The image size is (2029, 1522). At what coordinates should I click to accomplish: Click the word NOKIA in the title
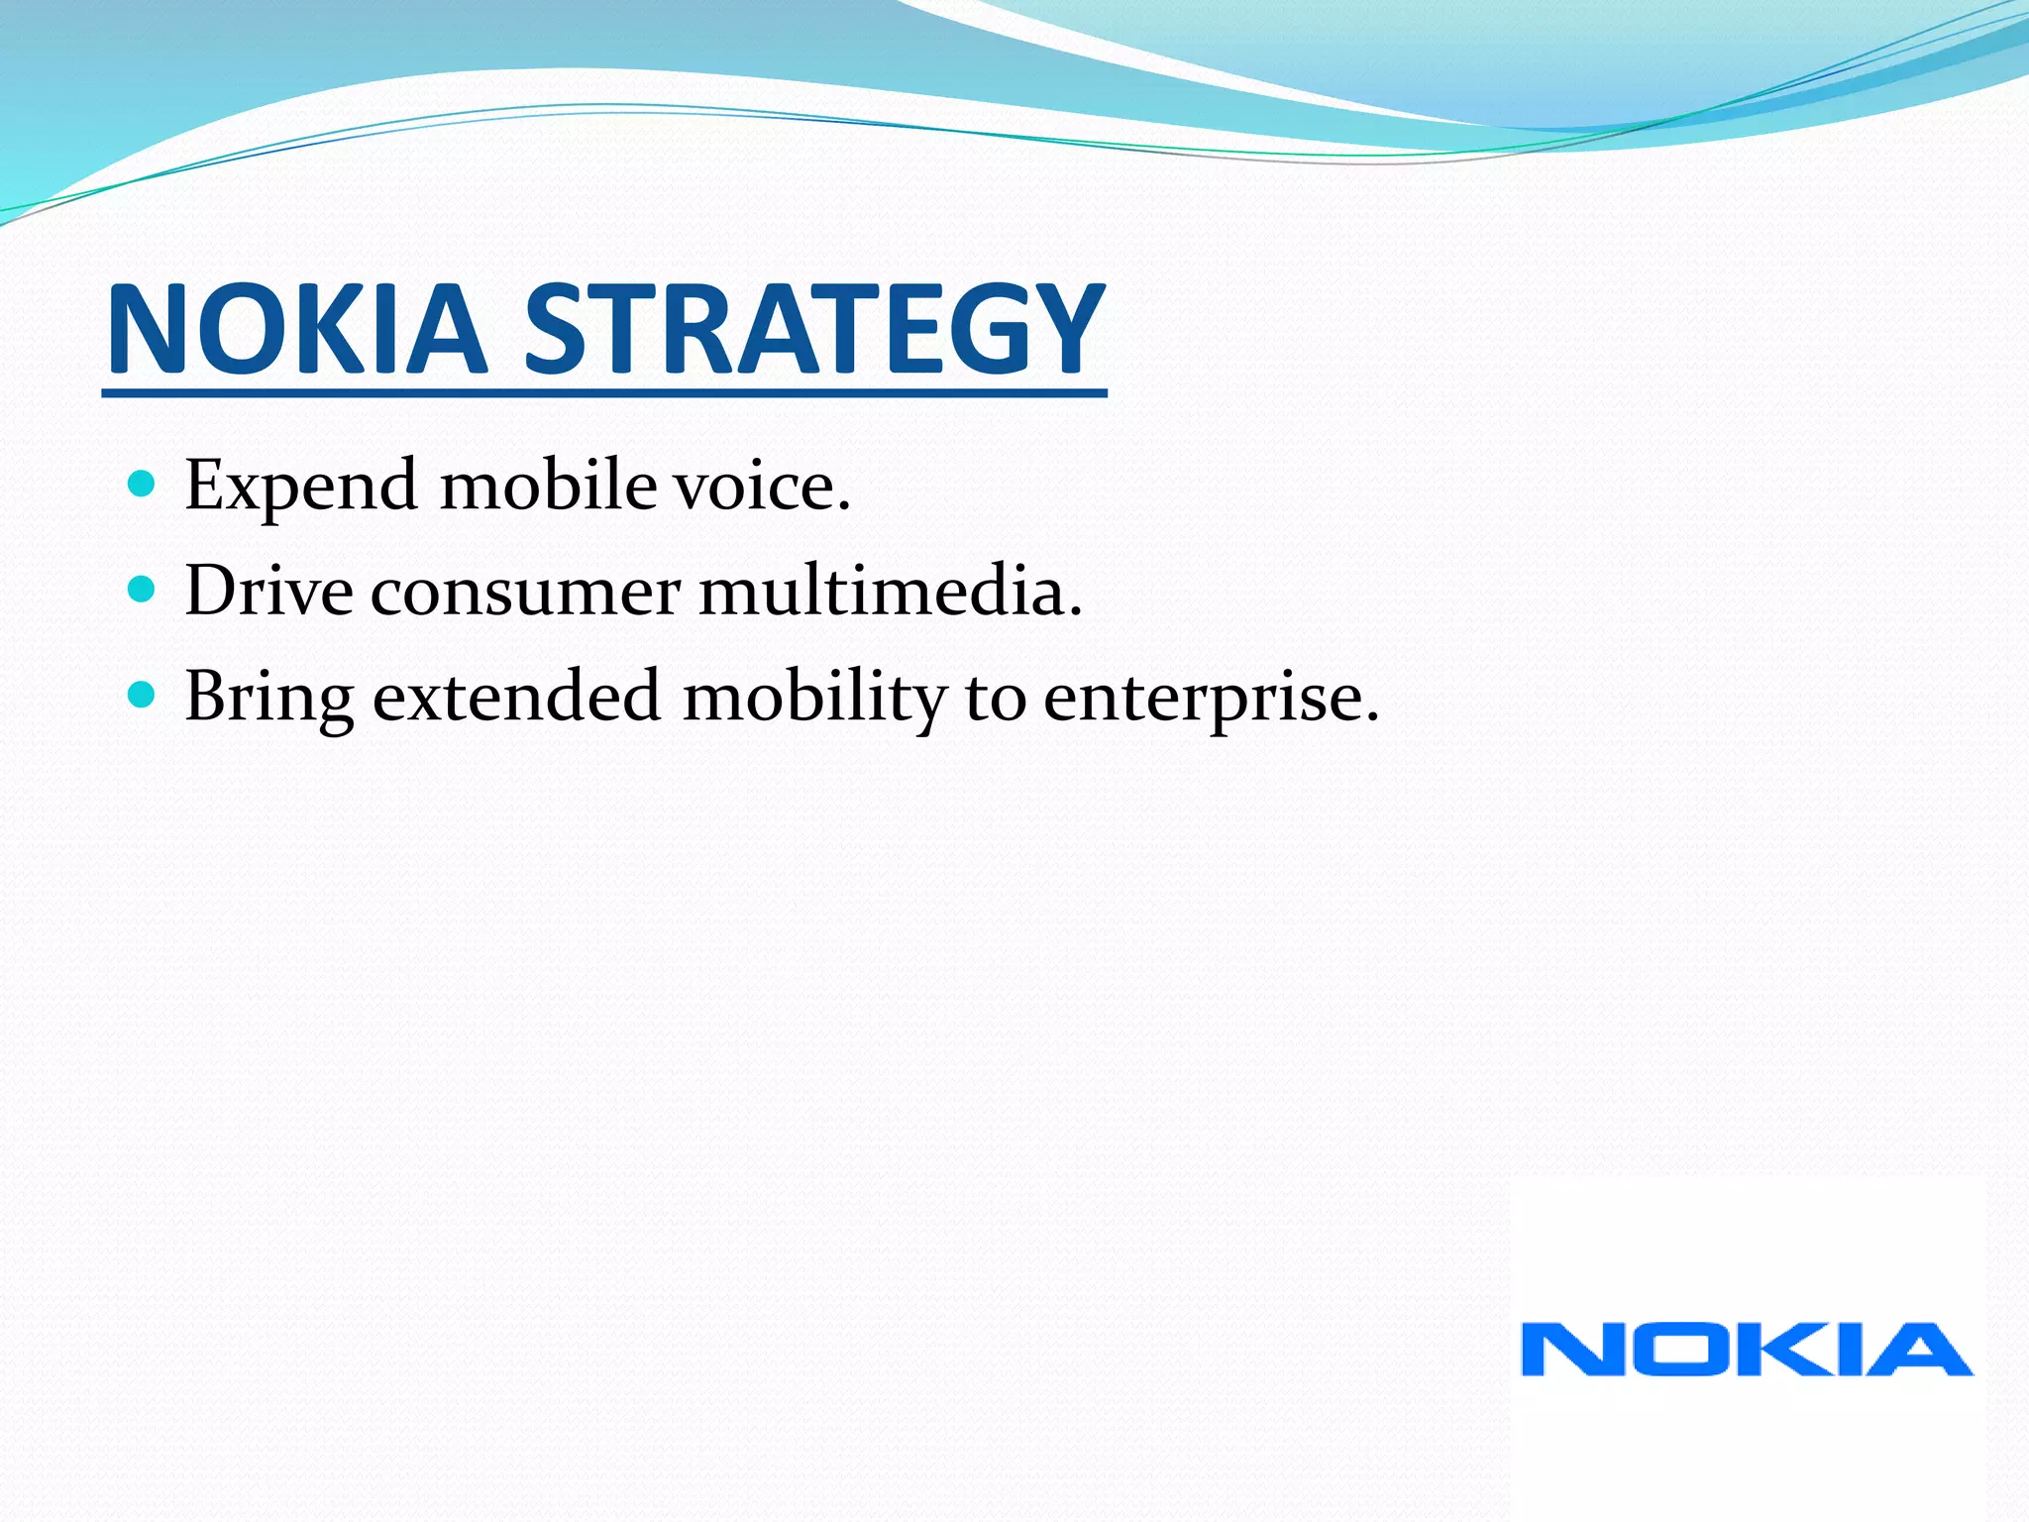(x=297, y=329)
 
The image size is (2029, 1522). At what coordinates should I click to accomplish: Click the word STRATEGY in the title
(x=812, y=329)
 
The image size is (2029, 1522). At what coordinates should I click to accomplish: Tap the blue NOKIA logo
(x=1747, y=1350)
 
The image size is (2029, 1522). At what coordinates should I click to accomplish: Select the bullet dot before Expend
(x=143, y=485)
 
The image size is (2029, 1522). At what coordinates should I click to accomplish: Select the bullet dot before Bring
(x=143, y=696)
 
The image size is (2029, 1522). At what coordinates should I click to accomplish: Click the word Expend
(x=301, y=488)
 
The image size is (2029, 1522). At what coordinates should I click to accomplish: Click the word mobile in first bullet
(x=548, y=486)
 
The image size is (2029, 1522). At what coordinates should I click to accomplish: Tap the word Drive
(x=268, y=591)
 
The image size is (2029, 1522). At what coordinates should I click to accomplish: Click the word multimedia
(x=890, y=591)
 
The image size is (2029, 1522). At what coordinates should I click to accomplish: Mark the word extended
(x=516, y=696)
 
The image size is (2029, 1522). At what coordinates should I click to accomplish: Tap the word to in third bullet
(x=995, y=698)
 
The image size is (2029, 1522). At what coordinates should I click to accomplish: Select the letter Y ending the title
(x=1063, y=329)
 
